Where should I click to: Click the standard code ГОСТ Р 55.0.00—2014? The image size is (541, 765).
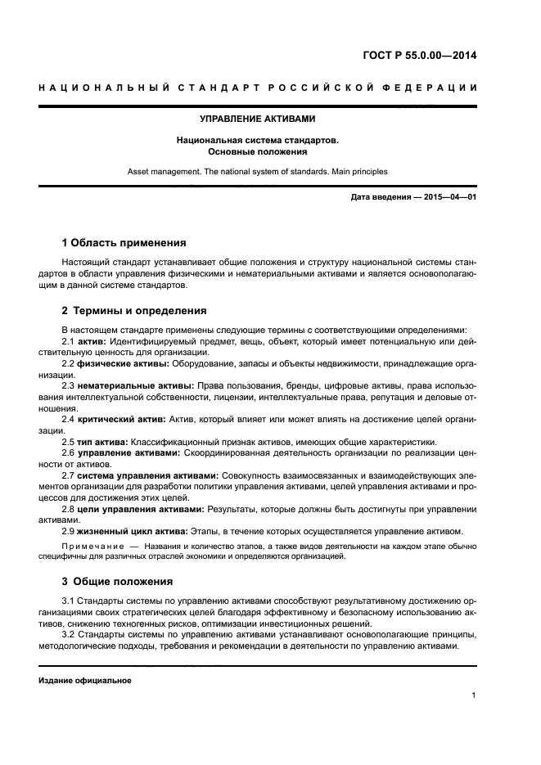point(419,56)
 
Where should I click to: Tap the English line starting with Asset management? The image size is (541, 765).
point(257,172)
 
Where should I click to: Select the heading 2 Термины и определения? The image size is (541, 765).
point(134,311)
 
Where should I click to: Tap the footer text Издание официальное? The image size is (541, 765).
point(84,681)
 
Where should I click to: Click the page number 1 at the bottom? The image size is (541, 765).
point(474,695)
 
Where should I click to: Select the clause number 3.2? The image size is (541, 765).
point(69,634)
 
